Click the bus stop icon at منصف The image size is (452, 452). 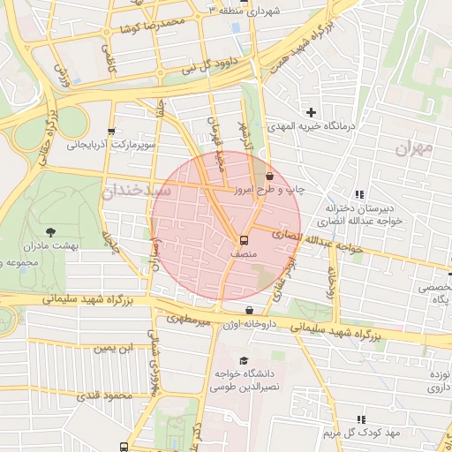(243, 239)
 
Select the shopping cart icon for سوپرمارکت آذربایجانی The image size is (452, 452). (111, 129)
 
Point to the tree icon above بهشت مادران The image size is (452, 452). (49, 231)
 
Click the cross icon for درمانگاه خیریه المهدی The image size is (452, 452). (311, 112)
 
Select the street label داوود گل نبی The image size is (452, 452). (209, 64)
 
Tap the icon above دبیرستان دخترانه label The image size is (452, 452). (359, 194)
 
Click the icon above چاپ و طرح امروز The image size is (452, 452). (269, 177)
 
